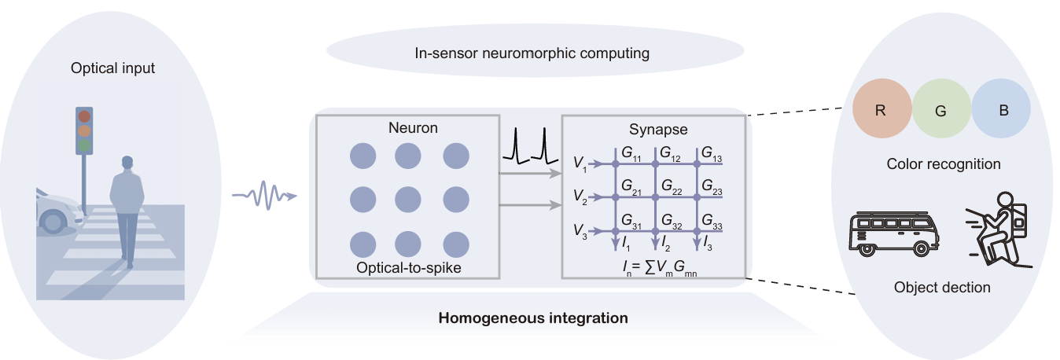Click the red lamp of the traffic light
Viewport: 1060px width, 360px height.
pos(84,117)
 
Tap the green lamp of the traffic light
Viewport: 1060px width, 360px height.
pos(84,145)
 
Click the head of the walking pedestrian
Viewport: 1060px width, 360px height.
pos(127,163)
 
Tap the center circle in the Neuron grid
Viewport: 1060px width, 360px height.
pos(410,197)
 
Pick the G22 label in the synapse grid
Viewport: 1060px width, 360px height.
pos(672,186)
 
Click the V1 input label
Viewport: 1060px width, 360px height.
pos(580,163)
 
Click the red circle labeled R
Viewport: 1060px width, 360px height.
pos(882,110)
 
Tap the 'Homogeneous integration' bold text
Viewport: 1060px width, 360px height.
pos(532,318)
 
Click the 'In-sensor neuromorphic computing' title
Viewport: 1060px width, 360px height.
pos(532,53)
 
